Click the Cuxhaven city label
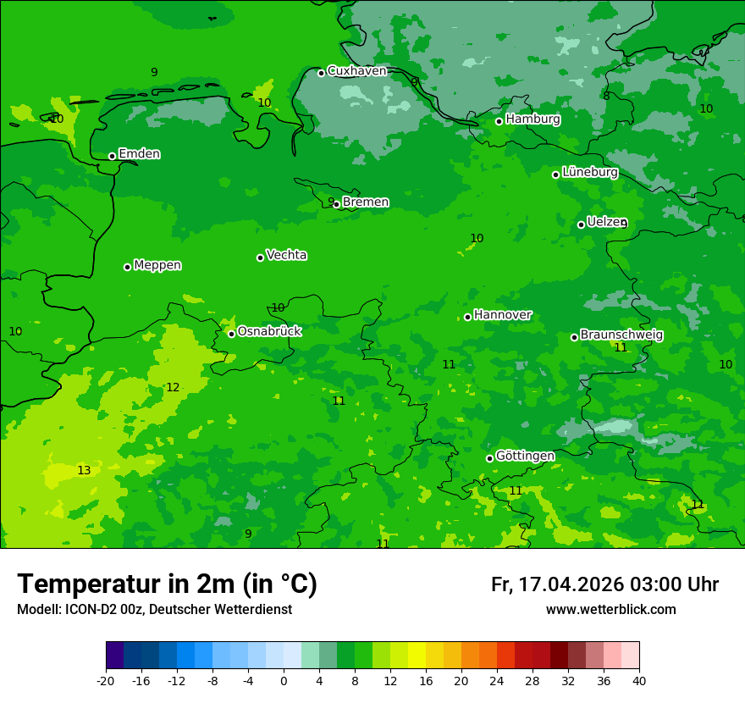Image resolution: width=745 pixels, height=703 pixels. pyautogui.click(x=356, y=71)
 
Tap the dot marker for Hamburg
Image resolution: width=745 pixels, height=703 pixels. pyautogui.click(x=499, y=121)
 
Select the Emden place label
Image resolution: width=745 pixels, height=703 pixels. pyautogui.click(x=139, y=154)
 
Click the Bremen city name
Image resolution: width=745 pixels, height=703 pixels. pyautogui.click(x=366, y=202)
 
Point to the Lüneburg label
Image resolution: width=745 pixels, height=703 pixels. pyautogui.click(x=590, y=172)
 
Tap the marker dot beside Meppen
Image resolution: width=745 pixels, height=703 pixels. pyautogui.click(x=128, y=267)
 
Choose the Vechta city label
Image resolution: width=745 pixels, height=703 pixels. pyautogui.click(x=286, y=255)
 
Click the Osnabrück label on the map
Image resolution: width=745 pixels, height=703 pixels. pyautogui.click(x=269, y=331)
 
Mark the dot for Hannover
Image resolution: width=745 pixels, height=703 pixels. pyautogui.click(x=467, y=317)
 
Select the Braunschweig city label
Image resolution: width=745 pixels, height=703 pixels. pyautogui.click(x=621, y=335)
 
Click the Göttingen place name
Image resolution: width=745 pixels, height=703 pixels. pyautogui.click(x=525, y=456)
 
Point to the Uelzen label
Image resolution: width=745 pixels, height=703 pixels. pyautogui.click(x=606, y=222)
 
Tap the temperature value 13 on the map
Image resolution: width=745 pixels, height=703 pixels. pyautogui.click(x=84, y=470)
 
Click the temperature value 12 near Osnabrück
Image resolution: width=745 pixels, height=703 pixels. pyautogui.click(x=173, y=387)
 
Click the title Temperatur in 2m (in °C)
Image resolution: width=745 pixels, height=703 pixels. pyautogui.click(x=167, y=584)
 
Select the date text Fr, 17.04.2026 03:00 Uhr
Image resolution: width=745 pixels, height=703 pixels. pyautogui.click(x=604, y=584)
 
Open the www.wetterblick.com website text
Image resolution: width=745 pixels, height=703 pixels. pyautogui.click(x=610, y=610)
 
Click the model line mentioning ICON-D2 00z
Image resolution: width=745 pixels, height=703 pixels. pyautogui.click(x=154, y=610)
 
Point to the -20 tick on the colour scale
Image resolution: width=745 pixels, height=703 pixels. pyautogui.click(x=106, y=680)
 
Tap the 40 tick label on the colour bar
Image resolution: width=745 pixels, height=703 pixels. pyautogui.click(x=639, y=680)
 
